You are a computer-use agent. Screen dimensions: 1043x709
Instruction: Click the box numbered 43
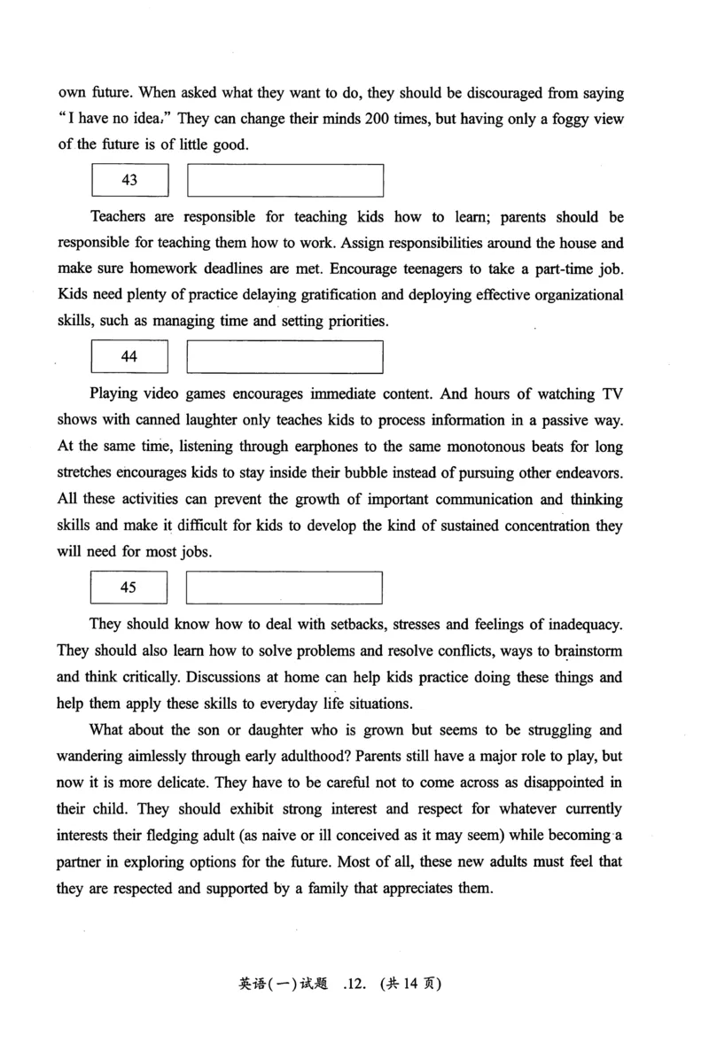click(129, 180)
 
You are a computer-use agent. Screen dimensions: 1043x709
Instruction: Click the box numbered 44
click(129, 357)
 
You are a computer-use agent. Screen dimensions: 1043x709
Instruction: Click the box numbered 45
click(129, 588)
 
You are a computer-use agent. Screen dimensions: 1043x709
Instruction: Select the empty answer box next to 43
click(285, 180)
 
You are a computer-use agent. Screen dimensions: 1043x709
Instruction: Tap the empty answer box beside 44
click(285, 357)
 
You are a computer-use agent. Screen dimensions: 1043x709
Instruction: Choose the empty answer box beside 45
click(285, 588)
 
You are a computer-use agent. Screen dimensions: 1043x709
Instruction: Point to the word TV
click(612, 394)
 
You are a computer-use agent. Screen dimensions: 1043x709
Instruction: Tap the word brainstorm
click(582, 651)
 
